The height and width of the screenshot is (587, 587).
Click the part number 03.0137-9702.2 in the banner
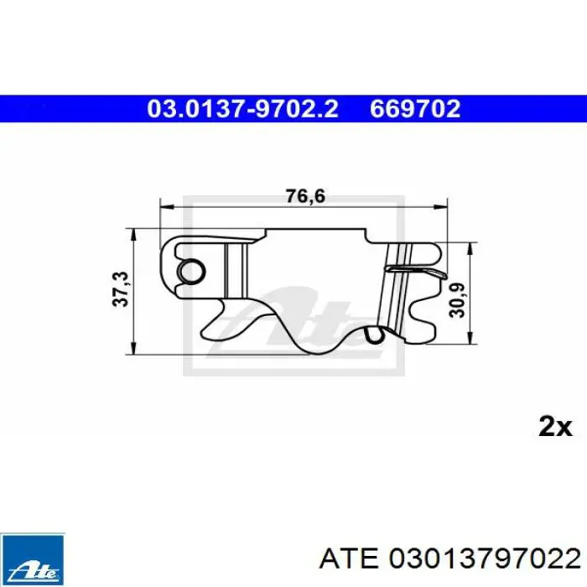tap(242, 108)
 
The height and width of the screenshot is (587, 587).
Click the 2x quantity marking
tap(553, 427)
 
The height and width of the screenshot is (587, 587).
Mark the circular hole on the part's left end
tap(191, 269)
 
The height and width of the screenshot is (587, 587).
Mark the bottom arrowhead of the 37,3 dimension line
tap(134, 352)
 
